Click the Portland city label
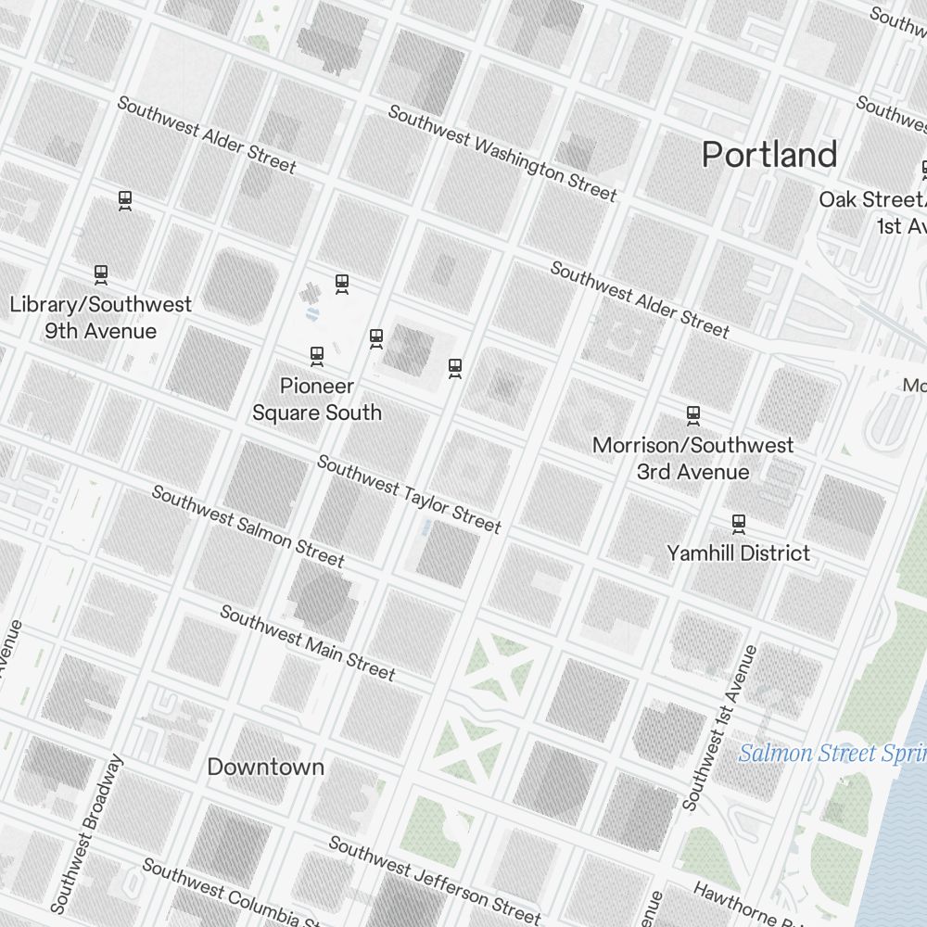pyautogui.click(x=769, y=154)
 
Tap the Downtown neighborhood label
pyautogui.click(x=265, y=767)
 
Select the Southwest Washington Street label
pyautogui.click(x=502, y=153)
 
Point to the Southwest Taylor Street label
pyautogui.click(x=409, y=494)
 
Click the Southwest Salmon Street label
pyautogui.click(x=248, y=526)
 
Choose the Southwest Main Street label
pyautogui.click(x=308, y=642)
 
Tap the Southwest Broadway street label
pyautogui.click(x=86, y=833)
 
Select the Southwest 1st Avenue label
pyautogui.click(x=720, y=728)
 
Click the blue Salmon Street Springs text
pyautogui.click(x=832, y=753)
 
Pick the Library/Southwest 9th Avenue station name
pyautogui.click(x=100, y=317)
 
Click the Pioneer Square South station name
pyautogui.click(x=317, y=399)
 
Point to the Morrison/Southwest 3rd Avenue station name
pyautogui.click(x=692, y=458)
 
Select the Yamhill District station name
pyautogui.click(x=738, y=553)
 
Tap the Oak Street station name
pyautogui.click(x=871, y=212)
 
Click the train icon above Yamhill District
pyautogui.click(x=739, y=525)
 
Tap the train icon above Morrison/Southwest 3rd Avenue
pyautogui.click(x=692, y=415)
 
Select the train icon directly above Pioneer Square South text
pyautogui.click(x=317, y=356)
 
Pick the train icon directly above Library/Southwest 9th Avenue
pyautogui.click(x=101, y=274)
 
